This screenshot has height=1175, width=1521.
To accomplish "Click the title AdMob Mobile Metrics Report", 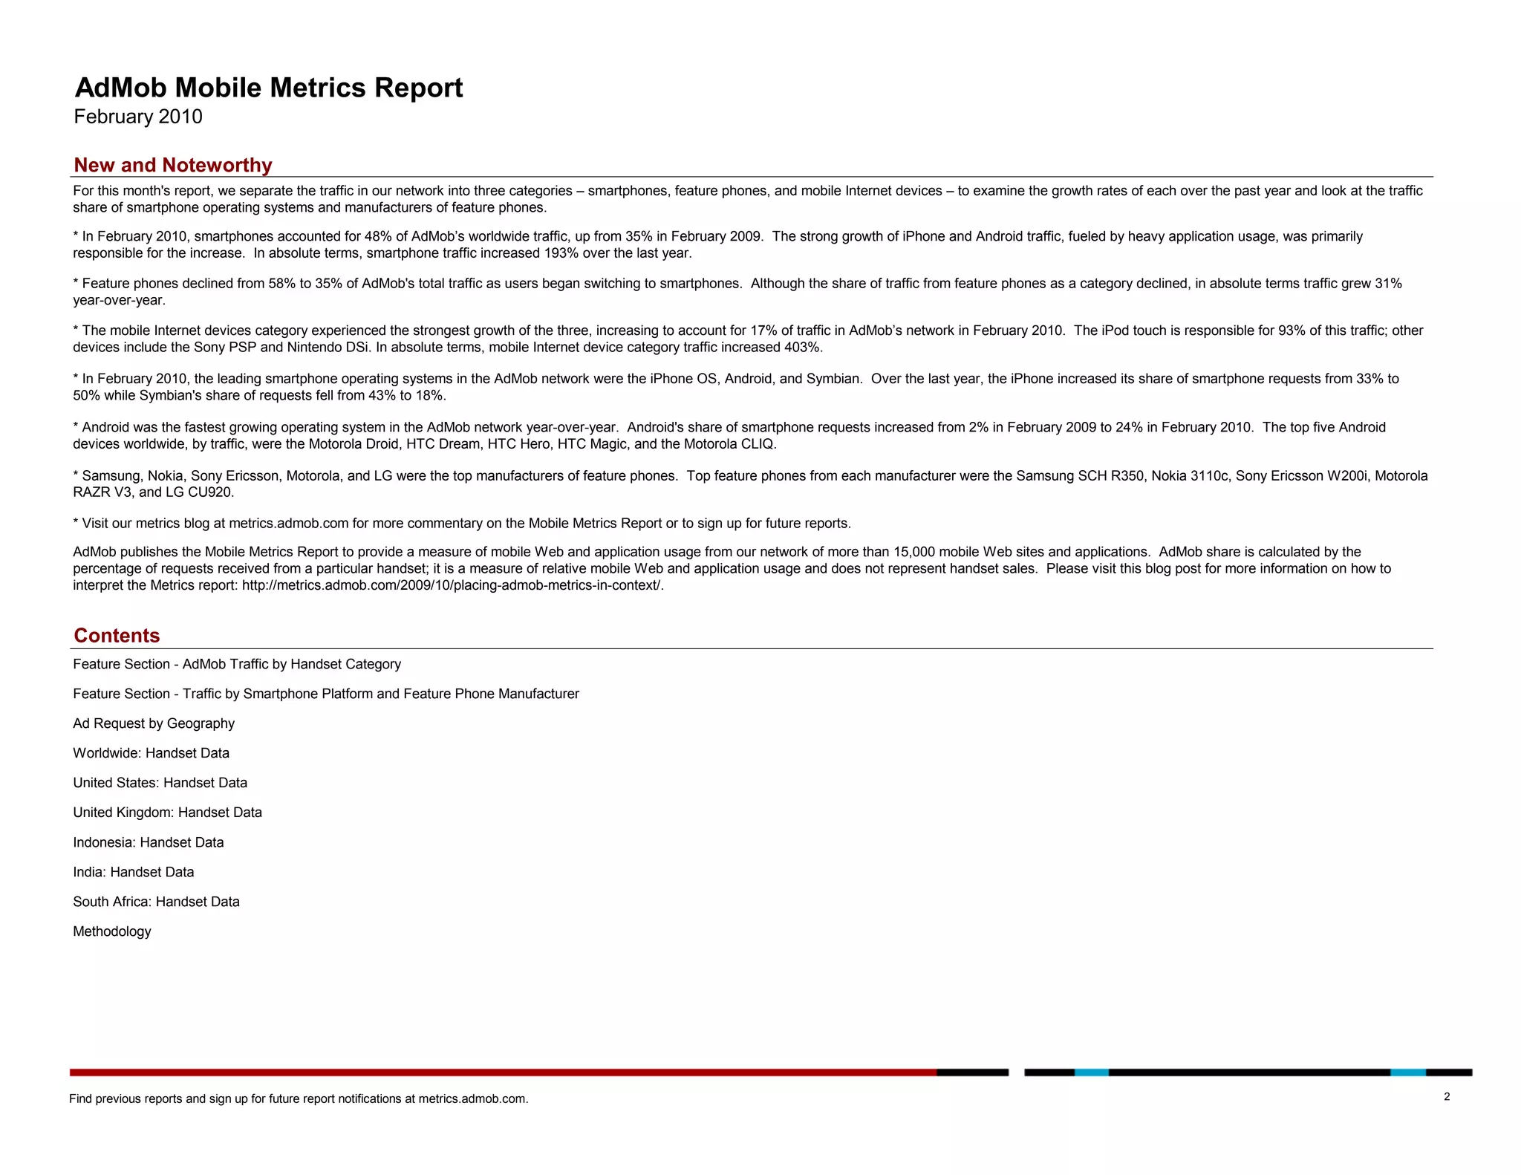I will [x=269, y=88].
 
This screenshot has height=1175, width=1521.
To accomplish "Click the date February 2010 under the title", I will [x=138, y=117].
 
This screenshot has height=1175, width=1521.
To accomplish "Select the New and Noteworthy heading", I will [x=173, y=165].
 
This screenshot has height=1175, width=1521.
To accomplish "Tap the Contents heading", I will [x=117, y=636].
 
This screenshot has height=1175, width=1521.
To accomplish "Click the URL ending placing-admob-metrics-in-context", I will [x=452, y=585].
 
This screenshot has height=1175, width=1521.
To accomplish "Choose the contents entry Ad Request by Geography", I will [x=154, y=723].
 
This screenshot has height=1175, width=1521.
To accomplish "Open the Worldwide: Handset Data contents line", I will [x=151, y=753].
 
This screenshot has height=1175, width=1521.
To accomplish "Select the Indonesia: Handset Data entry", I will [x=149, y=842].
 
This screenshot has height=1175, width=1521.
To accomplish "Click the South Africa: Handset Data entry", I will [x=156, y=902].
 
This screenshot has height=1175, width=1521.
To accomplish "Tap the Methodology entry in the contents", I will [x=112, y=931].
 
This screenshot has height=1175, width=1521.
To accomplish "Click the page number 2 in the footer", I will [x=1447, y=1097].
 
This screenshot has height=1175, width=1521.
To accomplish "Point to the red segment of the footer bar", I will [x=503, y=1073].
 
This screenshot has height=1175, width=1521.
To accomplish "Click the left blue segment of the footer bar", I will [x=1091, y=1073].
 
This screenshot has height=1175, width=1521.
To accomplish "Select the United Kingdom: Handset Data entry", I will [x=167, y=813].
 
